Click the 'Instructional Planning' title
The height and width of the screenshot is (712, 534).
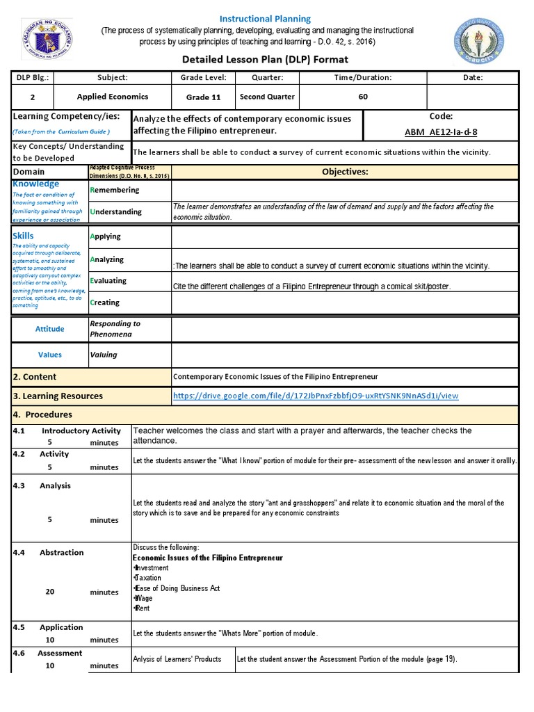[265, 19]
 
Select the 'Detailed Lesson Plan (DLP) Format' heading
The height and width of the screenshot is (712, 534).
[265, 60]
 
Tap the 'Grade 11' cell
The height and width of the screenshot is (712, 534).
[203, 97]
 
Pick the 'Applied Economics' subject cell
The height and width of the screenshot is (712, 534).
[112, 97]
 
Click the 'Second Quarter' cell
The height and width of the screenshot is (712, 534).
[267, 97]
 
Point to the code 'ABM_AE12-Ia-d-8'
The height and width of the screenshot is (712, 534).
[441, 131]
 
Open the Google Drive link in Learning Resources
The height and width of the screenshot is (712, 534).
[316, 396]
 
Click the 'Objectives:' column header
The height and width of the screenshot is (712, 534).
[345, 172]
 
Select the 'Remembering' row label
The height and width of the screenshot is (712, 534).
[115, 190]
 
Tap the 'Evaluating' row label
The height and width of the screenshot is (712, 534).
[108, 281]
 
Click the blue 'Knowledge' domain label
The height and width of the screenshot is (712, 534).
[36, 184]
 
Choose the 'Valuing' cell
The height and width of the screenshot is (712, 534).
[104, 355]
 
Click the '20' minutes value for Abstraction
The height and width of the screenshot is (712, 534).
[50, 592]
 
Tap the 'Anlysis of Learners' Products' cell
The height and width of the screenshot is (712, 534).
[177, 659]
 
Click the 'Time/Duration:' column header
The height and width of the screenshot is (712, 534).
[362, 78]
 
